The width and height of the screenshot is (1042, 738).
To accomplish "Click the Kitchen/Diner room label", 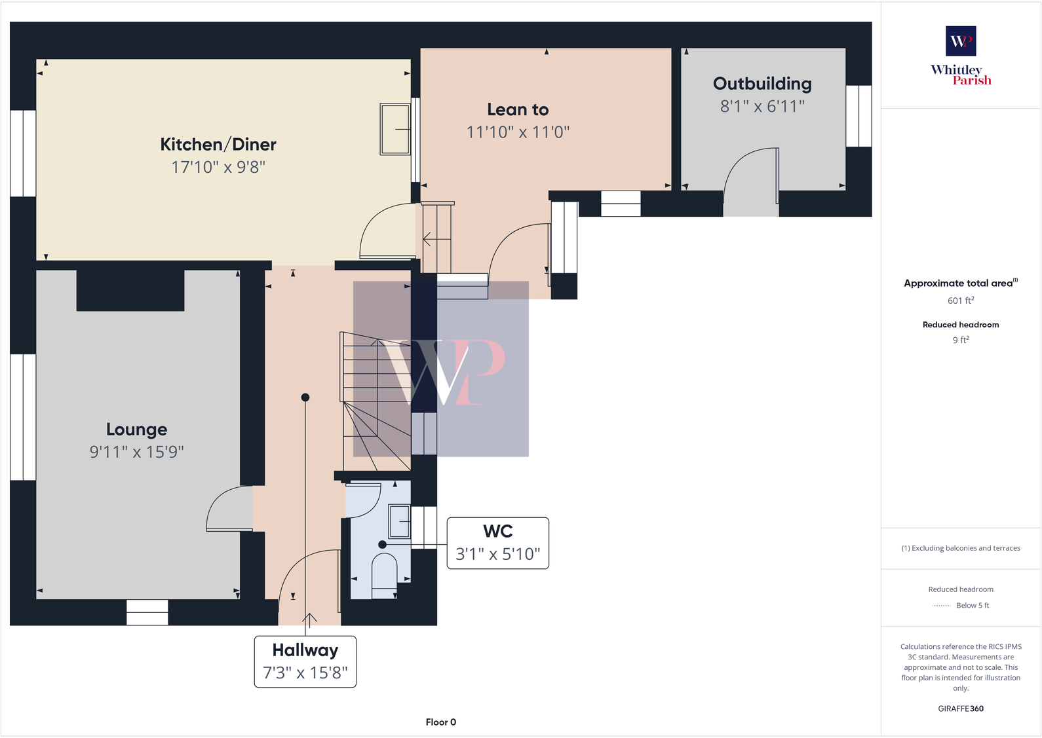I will tap(218, 145).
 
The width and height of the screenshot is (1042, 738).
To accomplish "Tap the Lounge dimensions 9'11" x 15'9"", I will tap(136, 452).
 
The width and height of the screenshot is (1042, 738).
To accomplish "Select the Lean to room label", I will tap(518, 109).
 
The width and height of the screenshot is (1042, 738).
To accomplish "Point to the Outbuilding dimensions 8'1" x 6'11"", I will tap(762, 106).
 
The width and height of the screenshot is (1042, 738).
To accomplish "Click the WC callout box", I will tap(497, 543).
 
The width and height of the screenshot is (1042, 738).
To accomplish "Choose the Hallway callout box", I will tap(305, 661).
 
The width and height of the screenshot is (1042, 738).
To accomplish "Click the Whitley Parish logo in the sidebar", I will tap(961, 56).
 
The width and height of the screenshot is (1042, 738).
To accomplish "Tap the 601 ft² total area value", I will tap(961, 301).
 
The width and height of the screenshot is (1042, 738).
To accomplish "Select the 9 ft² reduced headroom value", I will tap(961, 340).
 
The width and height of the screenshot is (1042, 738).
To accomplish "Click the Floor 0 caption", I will tap(440, 722).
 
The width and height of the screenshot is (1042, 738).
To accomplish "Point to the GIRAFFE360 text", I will tap(961, 709).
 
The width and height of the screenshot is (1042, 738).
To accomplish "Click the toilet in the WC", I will tap(384, 574).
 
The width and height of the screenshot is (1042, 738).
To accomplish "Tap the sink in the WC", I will tap(399, 522).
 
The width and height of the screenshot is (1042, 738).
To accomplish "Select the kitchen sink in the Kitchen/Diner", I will tap(395, 129).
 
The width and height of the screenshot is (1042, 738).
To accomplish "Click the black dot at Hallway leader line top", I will tap(305, 397).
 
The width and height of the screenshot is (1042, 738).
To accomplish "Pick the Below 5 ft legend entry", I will tap(961, 605).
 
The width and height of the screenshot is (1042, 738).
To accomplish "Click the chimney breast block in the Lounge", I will tap(130, 291).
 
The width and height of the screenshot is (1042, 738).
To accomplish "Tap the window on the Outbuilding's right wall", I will tap(859, 116).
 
